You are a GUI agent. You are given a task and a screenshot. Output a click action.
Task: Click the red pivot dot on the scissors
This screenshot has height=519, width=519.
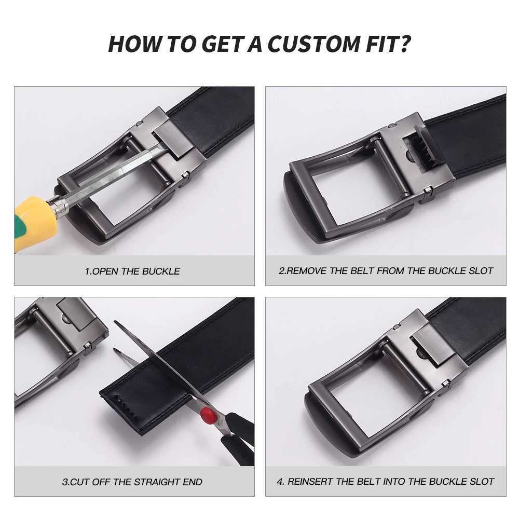208,414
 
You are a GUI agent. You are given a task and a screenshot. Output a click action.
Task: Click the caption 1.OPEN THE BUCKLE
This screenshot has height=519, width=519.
132,271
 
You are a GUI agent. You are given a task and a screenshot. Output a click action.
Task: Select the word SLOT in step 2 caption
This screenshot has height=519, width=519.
482,270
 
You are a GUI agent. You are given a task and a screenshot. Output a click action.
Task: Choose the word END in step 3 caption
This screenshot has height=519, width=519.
192,482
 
